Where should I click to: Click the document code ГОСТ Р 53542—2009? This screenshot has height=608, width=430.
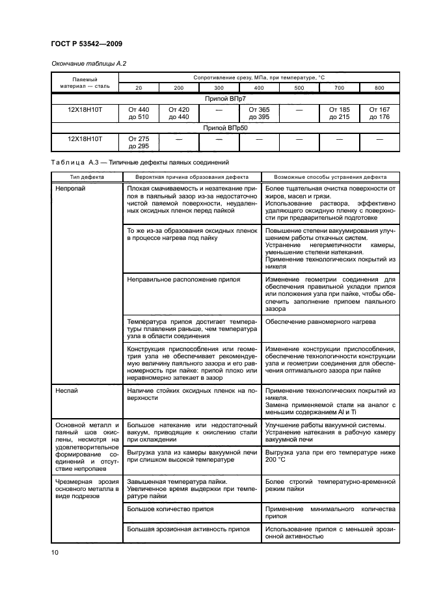coord(86,44)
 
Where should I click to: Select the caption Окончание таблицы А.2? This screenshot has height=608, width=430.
coord(83,63)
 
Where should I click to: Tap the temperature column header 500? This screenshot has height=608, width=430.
coord(299,87)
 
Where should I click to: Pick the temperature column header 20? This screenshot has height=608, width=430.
coord(138,87)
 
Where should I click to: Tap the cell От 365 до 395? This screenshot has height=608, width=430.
coord(259,113)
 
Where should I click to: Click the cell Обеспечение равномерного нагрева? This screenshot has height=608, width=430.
coord(320,321)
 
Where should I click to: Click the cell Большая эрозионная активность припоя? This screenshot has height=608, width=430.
coord(189,529)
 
